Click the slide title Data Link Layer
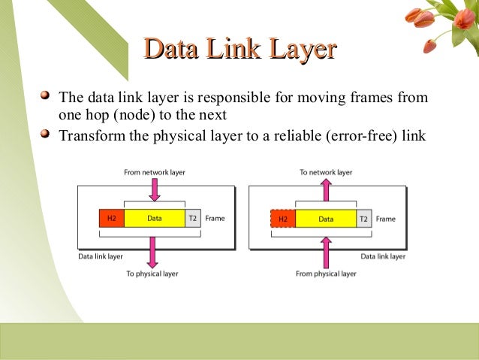pos(239,50)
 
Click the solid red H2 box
pos(111,219)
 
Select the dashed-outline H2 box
pos(282,219)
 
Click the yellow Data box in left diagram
pos(154,219)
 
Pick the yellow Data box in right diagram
pos(326,219)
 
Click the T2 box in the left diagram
pos(192,219)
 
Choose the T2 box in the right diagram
pos(364,219)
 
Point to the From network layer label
pos(154,172)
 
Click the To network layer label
pos(326,172)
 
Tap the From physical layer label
pos(326,274)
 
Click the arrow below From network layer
pos(154,189)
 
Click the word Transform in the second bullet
pos(85,136)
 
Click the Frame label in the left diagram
pos(214,219)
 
